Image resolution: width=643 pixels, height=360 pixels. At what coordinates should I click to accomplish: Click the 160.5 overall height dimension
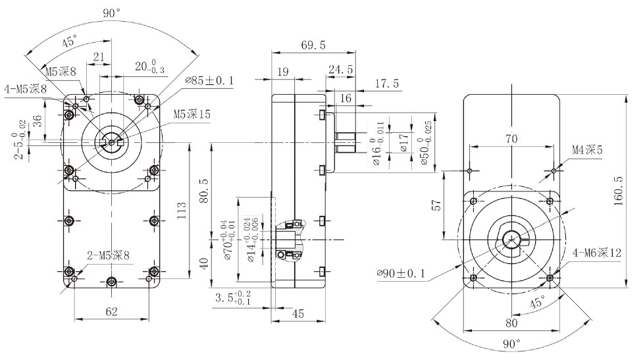tap(618, 191)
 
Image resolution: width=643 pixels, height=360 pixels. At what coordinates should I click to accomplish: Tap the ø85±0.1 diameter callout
tap(210, 81)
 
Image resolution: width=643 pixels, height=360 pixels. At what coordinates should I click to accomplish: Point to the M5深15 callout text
tap(192, 114)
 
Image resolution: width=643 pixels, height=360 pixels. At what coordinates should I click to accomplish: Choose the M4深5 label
tap(587, 151)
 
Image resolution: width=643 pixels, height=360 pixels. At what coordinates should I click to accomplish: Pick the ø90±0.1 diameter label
tap(401, 273)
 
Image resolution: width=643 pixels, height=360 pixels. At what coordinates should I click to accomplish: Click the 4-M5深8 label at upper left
tap(26, 88)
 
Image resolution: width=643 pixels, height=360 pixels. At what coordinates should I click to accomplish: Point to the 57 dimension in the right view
tap(436, 205)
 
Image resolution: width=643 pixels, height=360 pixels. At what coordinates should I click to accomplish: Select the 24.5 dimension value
tap(340, 69)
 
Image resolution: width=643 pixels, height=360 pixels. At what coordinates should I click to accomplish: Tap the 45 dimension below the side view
tap(297, 315)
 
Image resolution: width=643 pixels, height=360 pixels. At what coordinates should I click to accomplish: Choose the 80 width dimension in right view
tap(511, 323)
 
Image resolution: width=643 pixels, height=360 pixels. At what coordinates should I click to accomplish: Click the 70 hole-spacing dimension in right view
tap(511, 139)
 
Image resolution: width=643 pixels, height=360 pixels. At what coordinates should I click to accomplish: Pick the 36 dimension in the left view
tap(37, 120)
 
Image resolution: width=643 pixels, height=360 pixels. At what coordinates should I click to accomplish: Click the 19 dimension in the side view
tap(284, 72)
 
